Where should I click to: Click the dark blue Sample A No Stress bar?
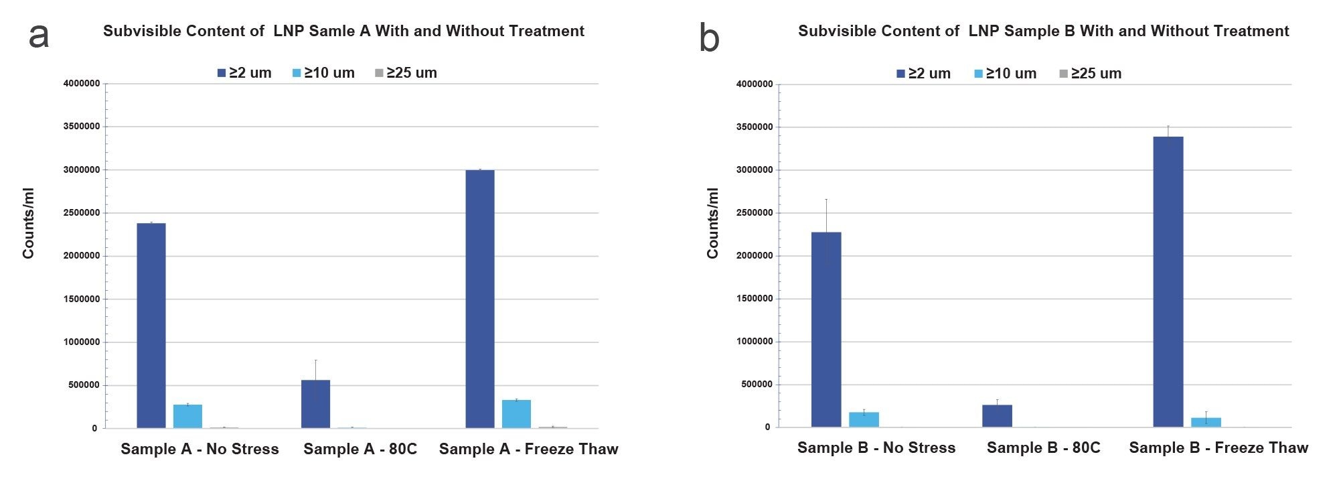pyautogui.click(x=151, y=326)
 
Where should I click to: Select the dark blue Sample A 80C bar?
pyautogui.click(x=315, y=404)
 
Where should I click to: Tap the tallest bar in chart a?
pyautogui.click(x=480, y=299)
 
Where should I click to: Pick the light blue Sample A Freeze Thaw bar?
pyautogui.click(x=516, y=414)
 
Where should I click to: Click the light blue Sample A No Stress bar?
pyautogui.click(x=187, y=416)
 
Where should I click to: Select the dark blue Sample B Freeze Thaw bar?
pyautogui.click(x=1168, y=281)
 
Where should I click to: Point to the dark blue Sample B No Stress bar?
pyautogui.click(x=826, y=330)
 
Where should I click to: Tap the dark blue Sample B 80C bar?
pyautogui.click(x=997, y=416)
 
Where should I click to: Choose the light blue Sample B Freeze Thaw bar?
pyautogui.click(x=1206, y=422)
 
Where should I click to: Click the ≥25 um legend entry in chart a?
pyautogui.click(x=406, y=73)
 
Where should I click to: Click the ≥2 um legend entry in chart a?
pyautogui.click(x=244, y=73)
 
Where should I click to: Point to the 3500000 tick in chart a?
pyautogui.click(x=82, y=127)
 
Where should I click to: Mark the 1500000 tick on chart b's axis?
pyautogui.click(x=754, y=299)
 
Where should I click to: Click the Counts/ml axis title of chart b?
pyautogui.click(x=712, y=223)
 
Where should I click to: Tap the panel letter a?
pyautogui.click(x=38, y=35)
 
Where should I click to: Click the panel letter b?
pyautogui.click(x=709, y=38)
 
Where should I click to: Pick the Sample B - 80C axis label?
pyautogui.click(x=1043, y=448)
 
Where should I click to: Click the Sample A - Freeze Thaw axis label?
pyautogui.click(x=528, y=449)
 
